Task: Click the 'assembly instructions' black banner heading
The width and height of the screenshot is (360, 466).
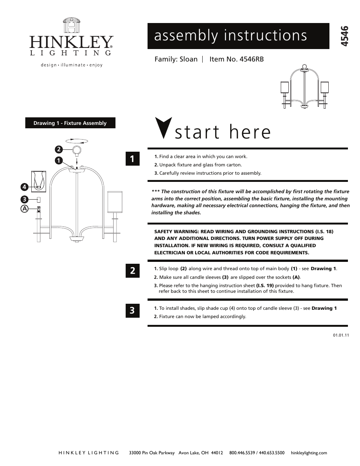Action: (231, 36)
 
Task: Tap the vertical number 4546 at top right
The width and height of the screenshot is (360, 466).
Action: (344, 36)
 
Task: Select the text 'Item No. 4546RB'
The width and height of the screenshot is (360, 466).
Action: (236, 59)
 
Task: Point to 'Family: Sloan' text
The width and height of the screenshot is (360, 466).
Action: (176, 59)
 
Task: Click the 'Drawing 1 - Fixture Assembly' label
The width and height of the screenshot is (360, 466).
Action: (70, 123)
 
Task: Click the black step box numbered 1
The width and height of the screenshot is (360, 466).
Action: (132, 159)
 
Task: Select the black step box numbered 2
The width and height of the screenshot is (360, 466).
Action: (132, 271)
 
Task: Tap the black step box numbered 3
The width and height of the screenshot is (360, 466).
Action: (132, 311)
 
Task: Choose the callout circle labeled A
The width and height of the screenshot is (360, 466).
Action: (24, 208)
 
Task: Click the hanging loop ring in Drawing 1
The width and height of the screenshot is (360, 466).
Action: (77, 150)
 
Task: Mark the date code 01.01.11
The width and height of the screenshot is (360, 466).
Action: (341, 335)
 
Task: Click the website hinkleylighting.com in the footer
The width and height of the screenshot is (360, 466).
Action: (309, 453)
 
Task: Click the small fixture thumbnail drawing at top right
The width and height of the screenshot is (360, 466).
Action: (304, 87)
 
